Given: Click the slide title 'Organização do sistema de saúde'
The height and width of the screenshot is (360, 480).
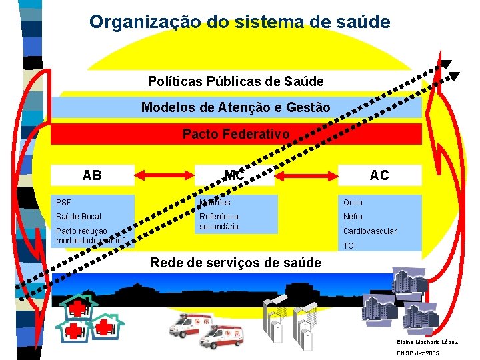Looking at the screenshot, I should (240, 21).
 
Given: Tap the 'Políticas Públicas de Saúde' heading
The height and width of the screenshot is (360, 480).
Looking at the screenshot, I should (236, 81).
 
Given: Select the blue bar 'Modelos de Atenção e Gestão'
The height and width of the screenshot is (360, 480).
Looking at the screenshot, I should (236, 107).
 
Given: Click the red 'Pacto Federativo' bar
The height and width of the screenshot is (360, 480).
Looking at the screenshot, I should (236, 134).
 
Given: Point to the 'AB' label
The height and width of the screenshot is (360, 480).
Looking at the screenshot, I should (92, 175).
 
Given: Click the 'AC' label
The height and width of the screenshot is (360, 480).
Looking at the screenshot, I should (379, 175).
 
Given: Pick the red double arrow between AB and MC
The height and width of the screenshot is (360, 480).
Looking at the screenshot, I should (165, 176).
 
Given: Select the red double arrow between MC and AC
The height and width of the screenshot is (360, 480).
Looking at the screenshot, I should (308, 176).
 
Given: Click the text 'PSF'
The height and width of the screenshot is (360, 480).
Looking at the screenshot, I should (63, 202).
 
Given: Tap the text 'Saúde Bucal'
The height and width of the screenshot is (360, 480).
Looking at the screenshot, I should (79, 217).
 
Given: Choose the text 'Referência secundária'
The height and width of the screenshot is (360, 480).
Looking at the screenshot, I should (219, 221).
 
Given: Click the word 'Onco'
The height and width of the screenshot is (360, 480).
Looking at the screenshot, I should (353, 202).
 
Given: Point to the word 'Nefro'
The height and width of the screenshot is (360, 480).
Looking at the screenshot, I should (353, 217).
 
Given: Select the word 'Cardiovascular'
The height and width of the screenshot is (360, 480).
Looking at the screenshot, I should (369, 231).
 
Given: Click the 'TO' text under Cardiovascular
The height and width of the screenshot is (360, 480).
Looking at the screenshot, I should (348, 246).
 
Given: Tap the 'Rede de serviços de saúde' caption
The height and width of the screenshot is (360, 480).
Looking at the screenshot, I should (236, 263).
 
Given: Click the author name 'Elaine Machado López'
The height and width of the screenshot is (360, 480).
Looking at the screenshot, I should (427, 342).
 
